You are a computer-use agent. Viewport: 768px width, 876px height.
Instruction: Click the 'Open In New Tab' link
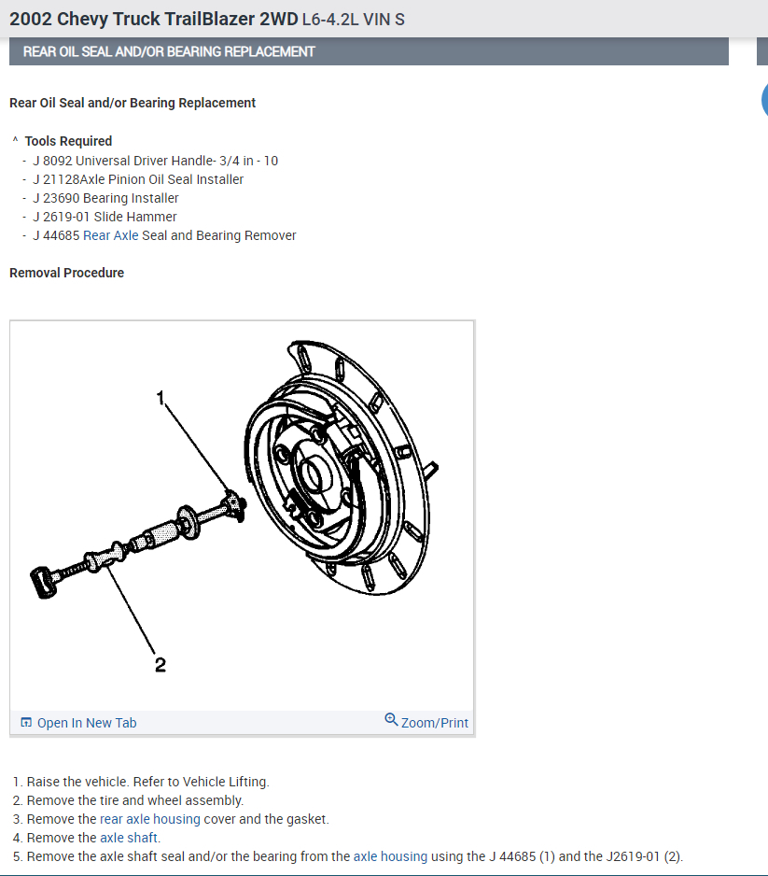86,723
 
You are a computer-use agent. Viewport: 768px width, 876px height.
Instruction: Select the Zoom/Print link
434,723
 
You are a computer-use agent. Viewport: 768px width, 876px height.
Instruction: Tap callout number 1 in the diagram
161,398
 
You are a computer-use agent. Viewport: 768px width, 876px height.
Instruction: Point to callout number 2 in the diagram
161,664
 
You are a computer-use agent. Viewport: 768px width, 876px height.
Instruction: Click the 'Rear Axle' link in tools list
110,235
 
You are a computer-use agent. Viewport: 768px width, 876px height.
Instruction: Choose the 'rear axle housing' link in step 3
149,819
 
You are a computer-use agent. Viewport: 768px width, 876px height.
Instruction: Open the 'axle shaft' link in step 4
130,838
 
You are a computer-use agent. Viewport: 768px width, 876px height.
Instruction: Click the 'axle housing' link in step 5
390,856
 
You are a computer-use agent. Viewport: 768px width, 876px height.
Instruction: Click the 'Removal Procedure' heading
66,273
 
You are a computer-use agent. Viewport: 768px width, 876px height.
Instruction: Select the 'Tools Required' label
68,141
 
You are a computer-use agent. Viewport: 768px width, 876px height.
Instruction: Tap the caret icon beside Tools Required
15,140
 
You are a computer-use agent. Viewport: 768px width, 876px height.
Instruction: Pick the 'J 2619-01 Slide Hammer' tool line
104,217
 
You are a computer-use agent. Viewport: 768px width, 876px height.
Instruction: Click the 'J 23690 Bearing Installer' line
105,198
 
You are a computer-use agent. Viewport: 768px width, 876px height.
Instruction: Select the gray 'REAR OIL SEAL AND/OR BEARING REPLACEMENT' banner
369,51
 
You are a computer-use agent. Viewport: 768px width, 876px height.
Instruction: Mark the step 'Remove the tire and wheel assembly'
134,800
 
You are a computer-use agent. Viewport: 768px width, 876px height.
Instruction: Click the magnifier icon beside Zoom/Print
391,720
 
